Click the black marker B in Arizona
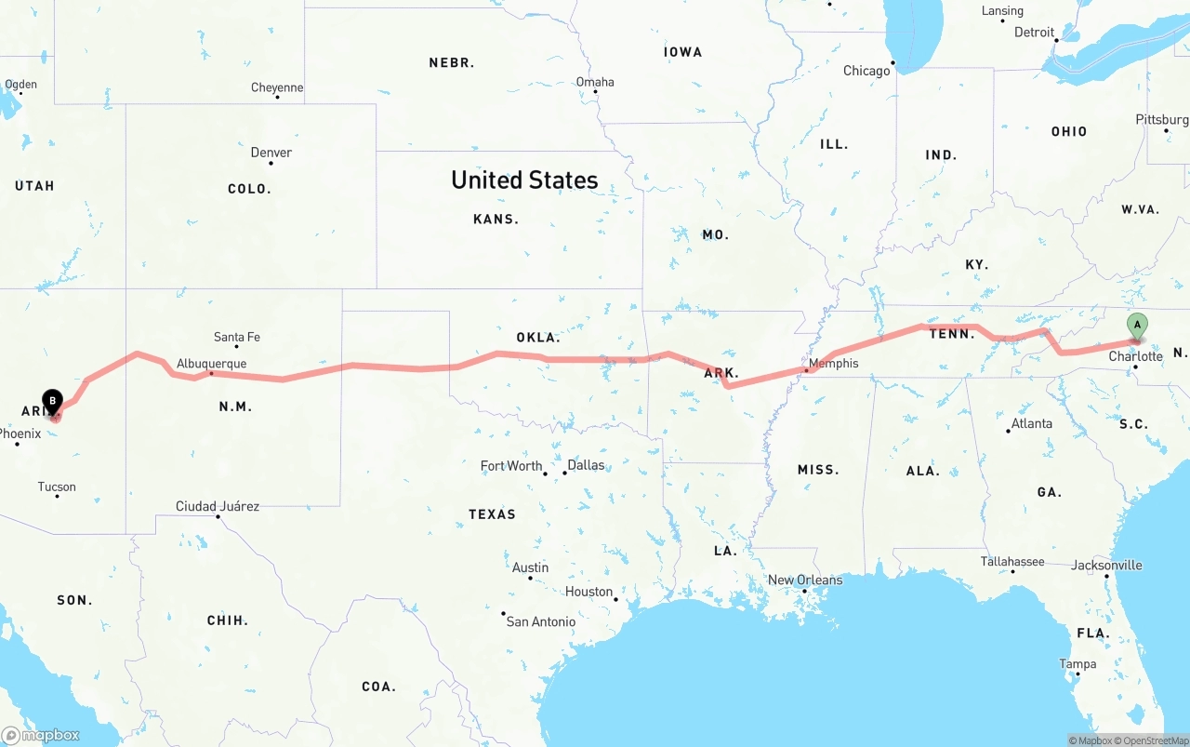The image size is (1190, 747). [x=52, y=402]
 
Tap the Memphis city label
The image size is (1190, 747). [x=833, y=363]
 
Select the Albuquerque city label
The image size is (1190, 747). [x=212, y=363]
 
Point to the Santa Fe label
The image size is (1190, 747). [x=237, y=337]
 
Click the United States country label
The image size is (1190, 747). [x=524, y=180]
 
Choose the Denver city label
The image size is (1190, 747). [x=271, y=153]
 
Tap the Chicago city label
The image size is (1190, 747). [x=866, y=71]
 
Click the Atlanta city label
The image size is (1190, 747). [x=1031, y=423]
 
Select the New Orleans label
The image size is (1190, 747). [x=805, y=580]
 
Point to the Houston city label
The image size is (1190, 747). [x=589, y=592]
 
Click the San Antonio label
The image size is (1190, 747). [x=540, y=621]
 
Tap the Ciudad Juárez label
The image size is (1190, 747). [x=218, y=506]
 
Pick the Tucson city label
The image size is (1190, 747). [x=57, y=487]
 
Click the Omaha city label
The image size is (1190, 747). [x=595, y=82]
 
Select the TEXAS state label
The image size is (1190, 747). [x=492, y=514]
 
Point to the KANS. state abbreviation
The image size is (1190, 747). [x=496, y=220]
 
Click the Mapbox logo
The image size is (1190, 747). [x=41, y=735]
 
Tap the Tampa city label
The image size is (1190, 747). [x=1078, y=664]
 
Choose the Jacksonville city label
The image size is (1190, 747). [x=1106, y=565]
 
